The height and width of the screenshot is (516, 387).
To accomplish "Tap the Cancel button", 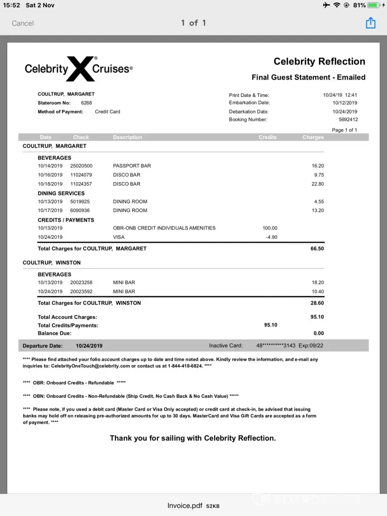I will [x=23, y=23].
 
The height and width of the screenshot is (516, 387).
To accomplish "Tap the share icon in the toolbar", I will [x=370, y=23].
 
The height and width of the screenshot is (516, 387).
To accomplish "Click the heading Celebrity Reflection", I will [x=319, y=61].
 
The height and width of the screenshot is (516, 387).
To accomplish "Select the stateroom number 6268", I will [x=87, y=103].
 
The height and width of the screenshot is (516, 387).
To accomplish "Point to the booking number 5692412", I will [x=347, y=120].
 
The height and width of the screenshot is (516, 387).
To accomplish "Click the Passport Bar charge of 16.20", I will [x=318, y=166].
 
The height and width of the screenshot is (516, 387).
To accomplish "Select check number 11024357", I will [x=81, y=184].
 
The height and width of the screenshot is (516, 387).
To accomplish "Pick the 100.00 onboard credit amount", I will [x=270, y=228].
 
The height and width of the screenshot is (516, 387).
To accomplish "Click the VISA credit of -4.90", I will [x=271, y=237].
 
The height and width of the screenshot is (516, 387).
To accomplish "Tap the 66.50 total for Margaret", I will [x=317, y=249].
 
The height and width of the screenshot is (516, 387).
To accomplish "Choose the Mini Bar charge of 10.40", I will [x=318, y=292].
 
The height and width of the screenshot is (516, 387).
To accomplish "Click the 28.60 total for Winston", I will [x=317, y=303].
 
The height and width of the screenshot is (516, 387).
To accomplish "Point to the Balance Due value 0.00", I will [x=318, y=333].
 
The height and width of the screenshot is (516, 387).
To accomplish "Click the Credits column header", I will [x=267, y=137].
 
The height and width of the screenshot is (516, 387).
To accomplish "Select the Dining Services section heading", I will [x=61, y=193].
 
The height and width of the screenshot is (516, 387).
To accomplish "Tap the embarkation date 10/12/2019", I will [x=345, y=103].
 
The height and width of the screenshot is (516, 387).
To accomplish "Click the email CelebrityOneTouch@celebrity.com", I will [x=90, y=366].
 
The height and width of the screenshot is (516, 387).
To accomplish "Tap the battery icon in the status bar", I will [x=373, y=5].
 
